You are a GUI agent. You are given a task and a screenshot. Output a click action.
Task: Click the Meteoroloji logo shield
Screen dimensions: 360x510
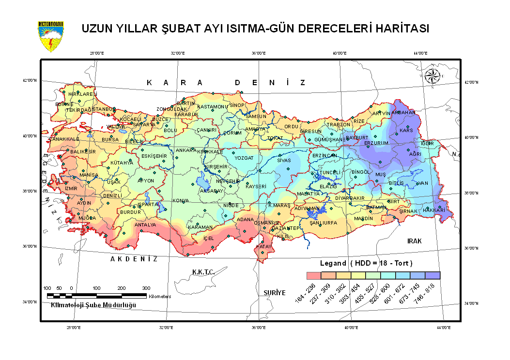tap(50, 36)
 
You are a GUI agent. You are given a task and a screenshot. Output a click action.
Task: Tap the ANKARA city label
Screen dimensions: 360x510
tap(185, 150)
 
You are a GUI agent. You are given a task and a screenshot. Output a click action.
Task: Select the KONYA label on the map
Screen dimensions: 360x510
tap(181, 200)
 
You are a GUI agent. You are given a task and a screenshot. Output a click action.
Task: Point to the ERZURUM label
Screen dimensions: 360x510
tap(376, 144)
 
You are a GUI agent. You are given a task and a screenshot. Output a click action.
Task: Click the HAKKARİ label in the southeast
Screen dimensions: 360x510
tap(433, 210)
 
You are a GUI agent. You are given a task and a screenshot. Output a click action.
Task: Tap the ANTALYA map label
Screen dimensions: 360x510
tap(145, 225)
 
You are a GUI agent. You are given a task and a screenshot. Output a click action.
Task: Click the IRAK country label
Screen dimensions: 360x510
tap(415, 240)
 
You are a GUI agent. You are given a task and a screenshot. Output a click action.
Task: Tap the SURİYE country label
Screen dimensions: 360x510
tap(275, 293)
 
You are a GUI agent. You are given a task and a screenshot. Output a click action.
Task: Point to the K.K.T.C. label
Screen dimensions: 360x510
tap(203, 272)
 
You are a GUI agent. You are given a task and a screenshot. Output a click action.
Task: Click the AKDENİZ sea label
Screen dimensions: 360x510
tap(134, 259)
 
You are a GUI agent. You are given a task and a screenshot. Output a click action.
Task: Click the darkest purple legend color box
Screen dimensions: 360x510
tap(433, 276)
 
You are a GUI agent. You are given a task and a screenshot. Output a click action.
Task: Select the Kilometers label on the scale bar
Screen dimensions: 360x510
tap(160, 296)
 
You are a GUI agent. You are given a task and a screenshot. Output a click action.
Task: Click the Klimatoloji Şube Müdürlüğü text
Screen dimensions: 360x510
tap(93, 305)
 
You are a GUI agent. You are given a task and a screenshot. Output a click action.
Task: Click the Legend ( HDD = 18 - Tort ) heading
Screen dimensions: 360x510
tap(366, 264)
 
